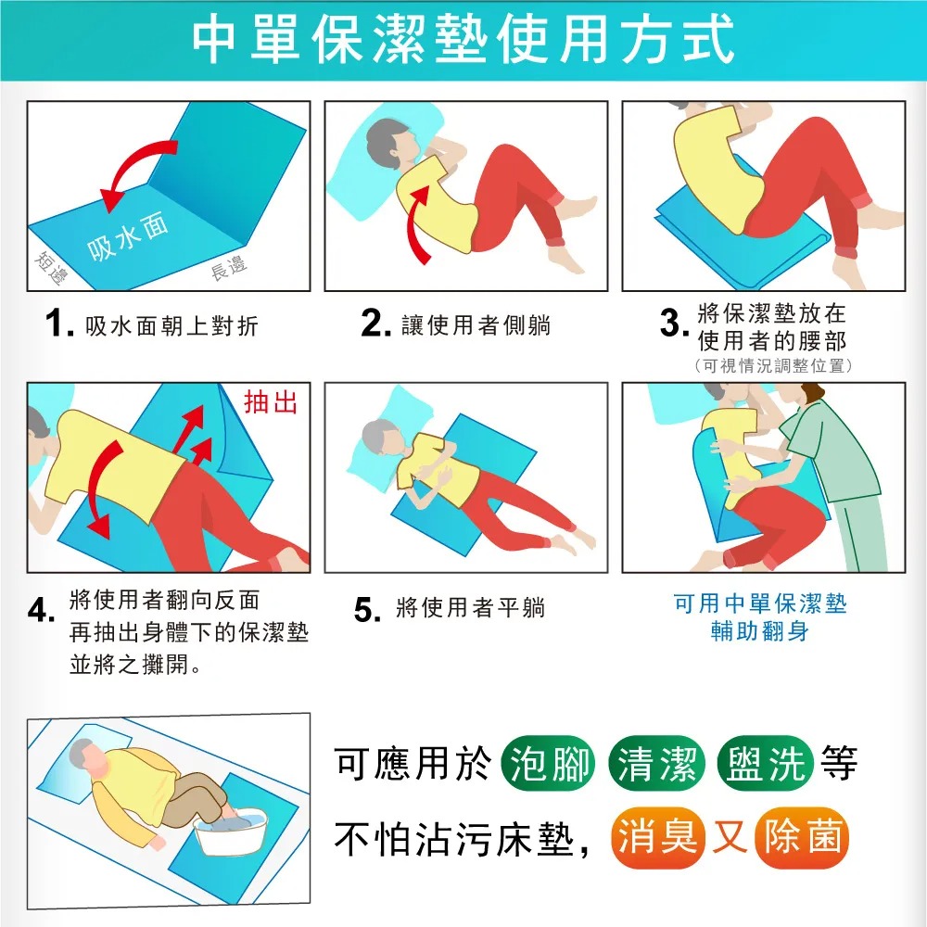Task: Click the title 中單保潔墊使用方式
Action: pyautogui.click(x=463, y=40)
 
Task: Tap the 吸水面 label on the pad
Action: pyautogui.click(x=128, y=236)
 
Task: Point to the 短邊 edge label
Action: pyautogui.click(x=51, y=268)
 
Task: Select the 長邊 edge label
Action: pyautogui.click(x=229, y=268)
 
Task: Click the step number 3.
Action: pyautogui.click(x=673, y=324)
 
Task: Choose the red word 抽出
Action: pyautogui.click(x=271, y=402)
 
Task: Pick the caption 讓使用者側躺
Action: pyautogui.click(x=476, y=325)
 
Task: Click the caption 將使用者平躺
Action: pyautogui.click(x=471, y=608)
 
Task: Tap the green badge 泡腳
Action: pyautogui.click(x=548, y=763)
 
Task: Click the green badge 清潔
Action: pyautogui.click(x=657, y=763)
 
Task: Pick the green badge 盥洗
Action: pyautogui.click(x=766, y=763)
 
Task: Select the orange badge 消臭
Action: pyautogui.click(x=658, y=838)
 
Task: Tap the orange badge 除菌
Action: pyautogui.click(x=802, y=838)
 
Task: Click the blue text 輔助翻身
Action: pyautogui.click(x=760, y=631)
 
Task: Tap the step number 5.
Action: pyautogui.click(x=367, y=610)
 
